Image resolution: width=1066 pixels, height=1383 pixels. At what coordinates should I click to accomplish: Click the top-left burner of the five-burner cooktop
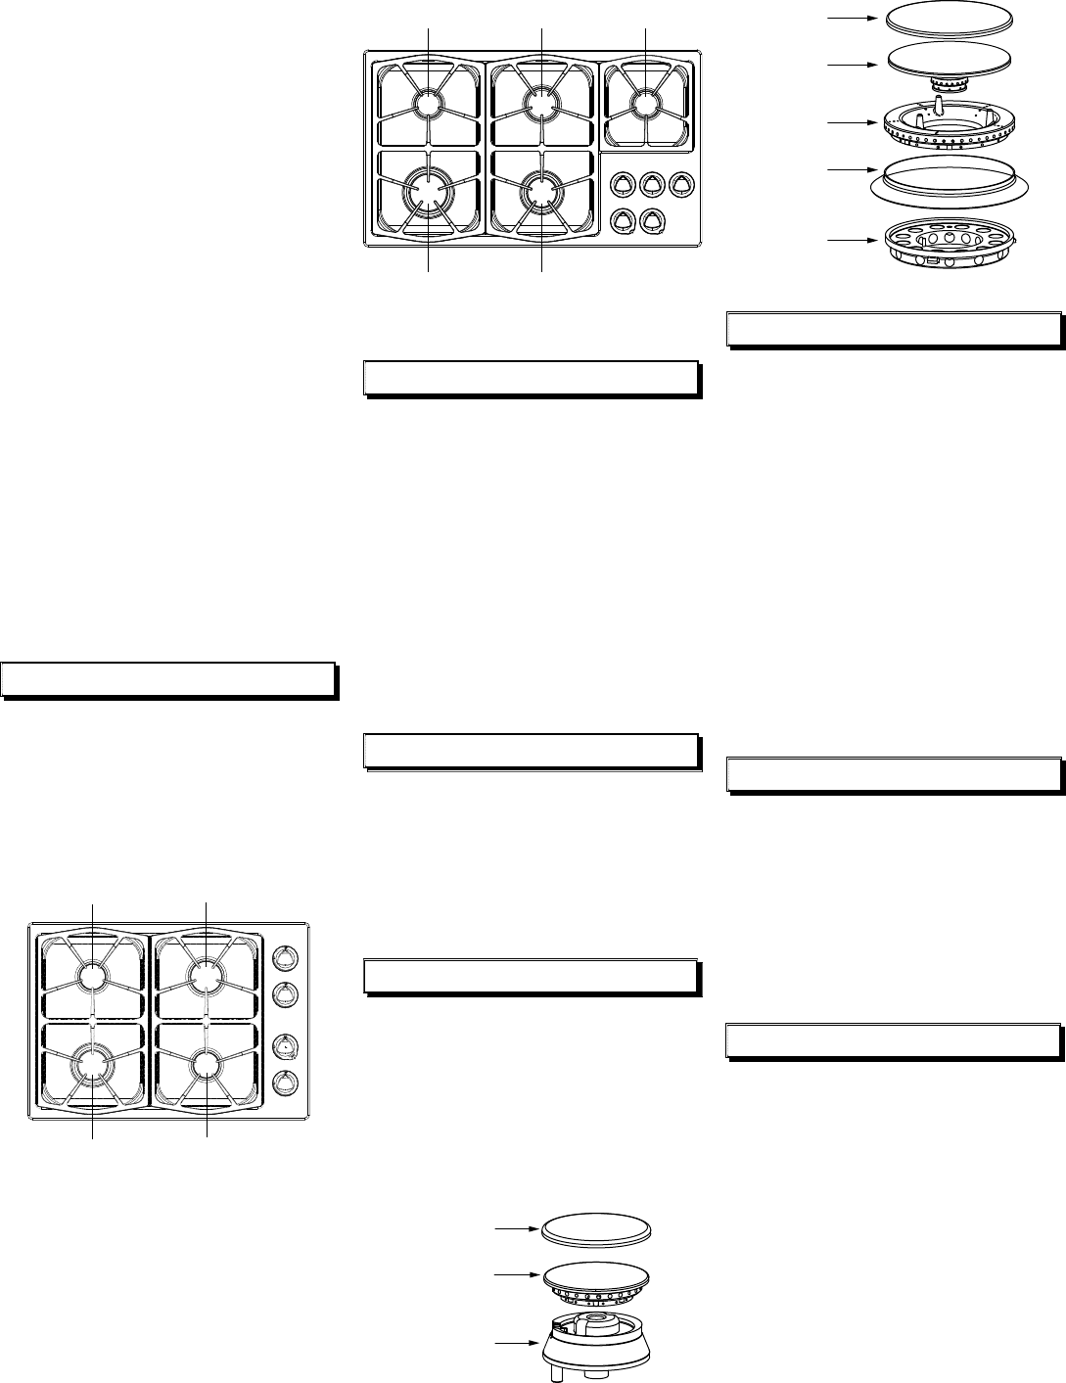click(429, 104)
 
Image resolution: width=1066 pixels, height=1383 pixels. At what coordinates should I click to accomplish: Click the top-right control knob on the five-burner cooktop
click(681, 183)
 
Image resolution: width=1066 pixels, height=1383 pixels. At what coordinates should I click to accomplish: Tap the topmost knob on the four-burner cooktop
click(284, 958)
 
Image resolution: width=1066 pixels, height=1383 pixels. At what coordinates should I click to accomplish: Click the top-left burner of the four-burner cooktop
click(92, 976)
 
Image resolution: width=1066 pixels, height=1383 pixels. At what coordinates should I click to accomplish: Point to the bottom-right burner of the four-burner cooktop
click(208, 1064)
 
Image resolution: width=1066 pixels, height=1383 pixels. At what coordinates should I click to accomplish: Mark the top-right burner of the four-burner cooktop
click(207, 975)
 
